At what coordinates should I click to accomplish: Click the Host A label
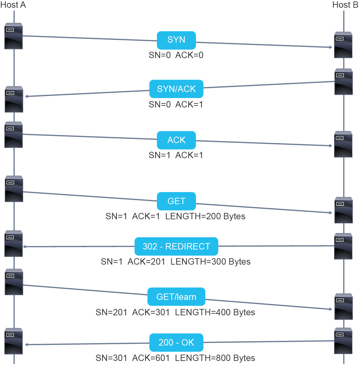(13, 5)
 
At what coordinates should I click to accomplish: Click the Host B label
(345, 5)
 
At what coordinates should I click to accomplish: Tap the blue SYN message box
(176, 40)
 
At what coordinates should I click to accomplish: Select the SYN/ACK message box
(176, 89)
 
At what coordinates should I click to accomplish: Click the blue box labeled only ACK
(176, 140)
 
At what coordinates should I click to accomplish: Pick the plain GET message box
(176, 201)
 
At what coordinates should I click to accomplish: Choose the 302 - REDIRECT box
(176, 246)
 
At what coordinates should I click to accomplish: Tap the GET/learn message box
(176, 297)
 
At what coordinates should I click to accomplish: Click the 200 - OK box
(176, 343)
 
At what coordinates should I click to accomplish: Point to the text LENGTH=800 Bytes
(215, 358)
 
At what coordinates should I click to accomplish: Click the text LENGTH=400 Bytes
(215, 312)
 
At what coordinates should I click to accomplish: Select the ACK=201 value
(146, 262)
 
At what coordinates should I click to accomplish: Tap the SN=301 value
(111, 358)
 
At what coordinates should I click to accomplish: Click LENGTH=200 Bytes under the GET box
(205, 216)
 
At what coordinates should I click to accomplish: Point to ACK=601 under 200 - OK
(151, 358)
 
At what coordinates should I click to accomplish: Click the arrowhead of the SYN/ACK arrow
(26, 96)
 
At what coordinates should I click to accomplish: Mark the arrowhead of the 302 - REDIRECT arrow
(24, 247)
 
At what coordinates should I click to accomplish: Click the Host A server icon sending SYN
(13, 36)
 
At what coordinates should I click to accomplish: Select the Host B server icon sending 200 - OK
(343, 341)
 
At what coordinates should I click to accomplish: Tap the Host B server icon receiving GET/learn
(344, 307)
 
